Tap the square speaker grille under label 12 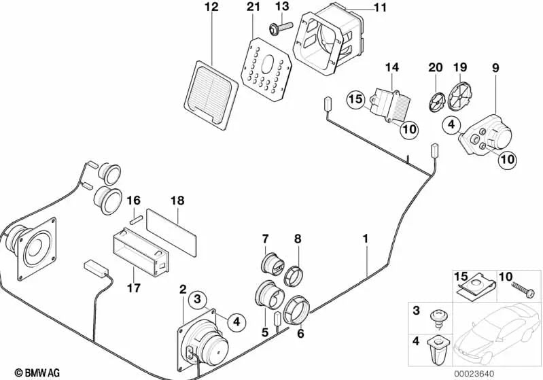click(x=211, y=94)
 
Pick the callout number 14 click(x=393, y=67)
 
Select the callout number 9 click(x=495, y=67)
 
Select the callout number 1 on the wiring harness click(x=366, y=239)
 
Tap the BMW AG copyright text click(x=24, y=373)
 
